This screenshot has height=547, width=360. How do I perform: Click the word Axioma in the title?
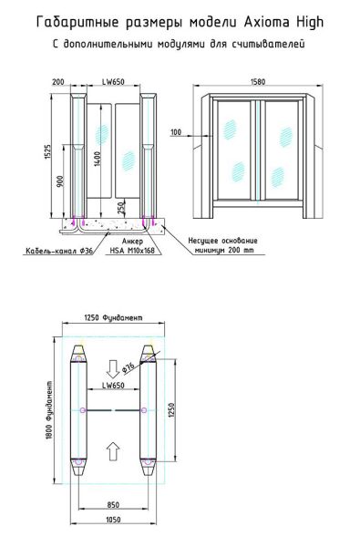coord(266,19)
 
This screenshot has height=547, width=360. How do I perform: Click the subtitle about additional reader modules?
coord(179,42)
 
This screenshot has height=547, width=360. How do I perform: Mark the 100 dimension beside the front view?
coord(176,133)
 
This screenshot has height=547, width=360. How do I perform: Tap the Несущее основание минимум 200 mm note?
coord(226,247)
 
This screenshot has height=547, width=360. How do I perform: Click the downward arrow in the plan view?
coord(113,368)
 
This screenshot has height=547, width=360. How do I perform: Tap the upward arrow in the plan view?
coord(113,449)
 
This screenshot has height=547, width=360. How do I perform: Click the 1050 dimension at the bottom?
coord(113,519)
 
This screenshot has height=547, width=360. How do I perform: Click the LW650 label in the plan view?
coord(113,386)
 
